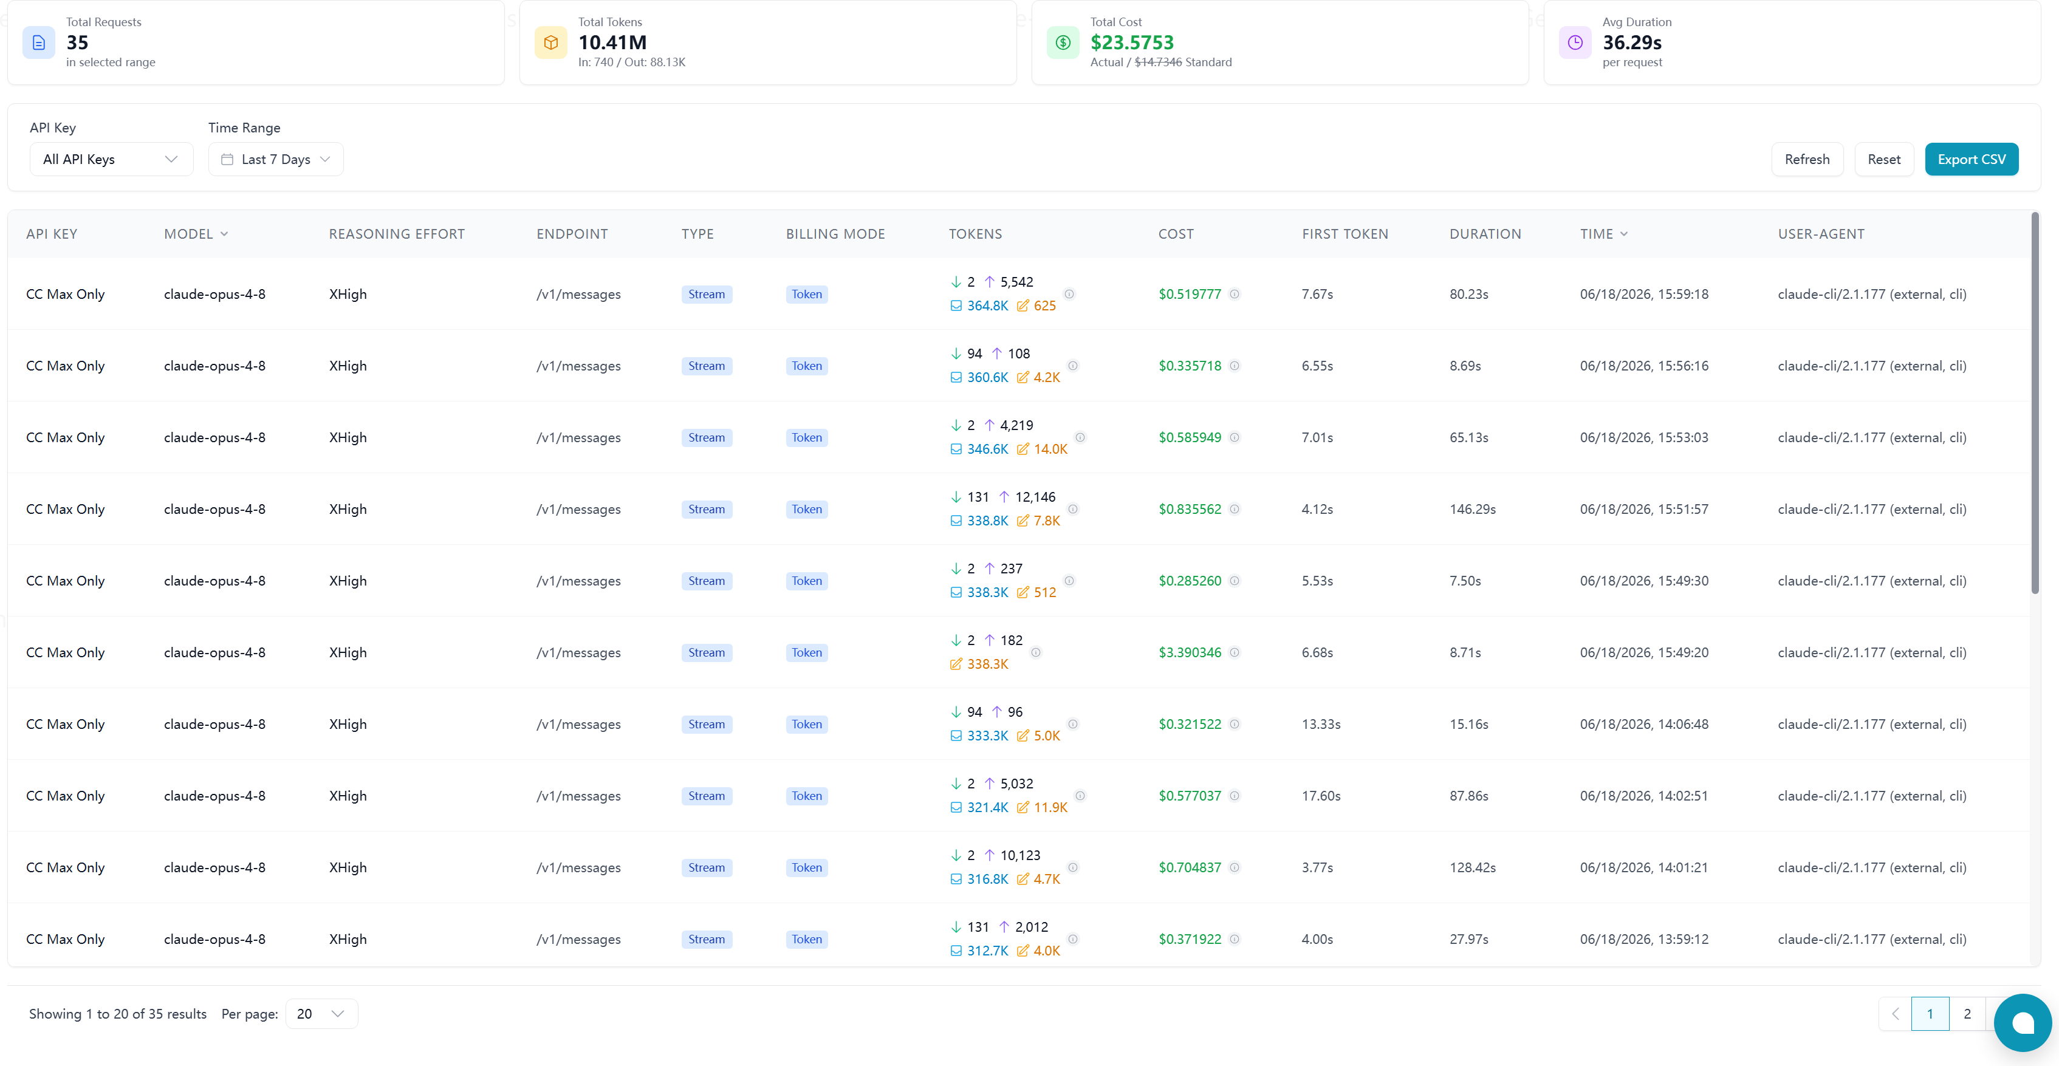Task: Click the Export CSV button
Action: click(1971, 159)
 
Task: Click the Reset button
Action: click(1884, 159)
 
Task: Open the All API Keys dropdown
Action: click(111, 159)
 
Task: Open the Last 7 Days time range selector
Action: click(276, 159)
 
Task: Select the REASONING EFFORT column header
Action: click(397, 234)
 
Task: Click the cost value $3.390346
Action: click(1190, 652)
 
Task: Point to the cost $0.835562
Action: click(1190, 509)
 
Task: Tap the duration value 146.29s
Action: click(1472, 509)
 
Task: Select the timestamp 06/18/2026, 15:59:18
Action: click(1644, 294)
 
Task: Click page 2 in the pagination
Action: click(1967, 1013)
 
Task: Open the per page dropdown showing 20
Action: click(321, 1013)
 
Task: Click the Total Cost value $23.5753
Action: click(1132, 43)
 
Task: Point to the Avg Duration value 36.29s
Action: click(1632, 43)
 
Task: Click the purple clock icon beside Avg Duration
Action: click(1575, 43)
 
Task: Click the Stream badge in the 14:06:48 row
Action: click(707, 724)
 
